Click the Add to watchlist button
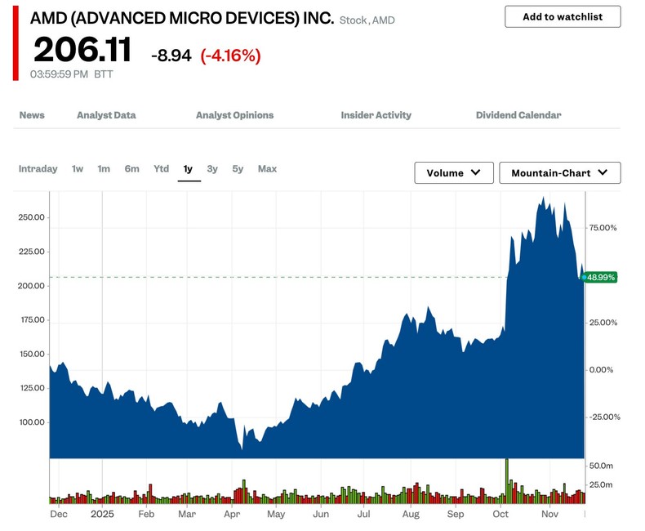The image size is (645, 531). click(563, 16)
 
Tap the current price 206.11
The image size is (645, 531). click(82, 51)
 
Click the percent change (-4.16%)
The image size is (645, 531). click(231, 56)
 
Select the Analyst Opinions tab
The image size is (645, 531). click(234, 115)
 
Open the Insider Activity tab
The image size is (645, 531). click(376, 115)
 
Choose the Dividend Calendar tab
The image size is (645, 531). click(518, 115)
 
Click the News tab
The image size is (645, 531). click(32, 115)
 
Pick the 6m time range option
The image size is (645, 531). click(131, 169)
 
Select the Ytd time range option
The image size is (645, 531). click(161, 169)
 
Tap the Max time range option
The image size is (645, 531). click(267, 169)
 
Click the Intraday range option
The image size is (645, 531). click(38, 169)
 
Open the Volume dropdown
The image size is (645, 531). click(454, 173)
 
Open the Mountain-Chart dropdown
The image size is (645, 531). click(559, 173)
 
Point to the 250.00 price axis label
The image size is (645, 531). click(30, 218)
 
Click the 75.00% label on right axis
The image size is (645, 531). click(604, 228)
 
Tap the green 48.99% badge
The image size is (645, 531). click(601, 278)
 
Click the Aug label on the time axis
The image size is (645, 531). click(411, 515)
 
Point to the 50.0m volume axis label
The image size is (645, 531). click(601, 465)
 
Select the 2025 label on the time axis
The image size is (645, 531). click(102, 515)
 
